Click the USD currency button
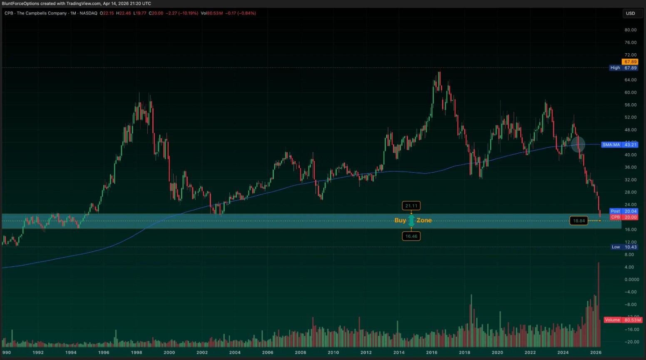click(630, 13)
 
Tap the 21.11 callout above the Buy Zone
click(411, 206)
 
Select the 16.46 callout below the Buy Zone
click(411, 236)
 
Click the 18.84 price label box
click(579, 221)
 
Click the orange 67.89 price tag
click(630, 62)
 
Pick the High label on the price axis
click(615, 68)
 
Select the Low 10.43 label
click(624, 247)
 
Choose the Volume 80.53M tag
click(623, 320)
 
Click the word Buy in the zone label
click(400, 220)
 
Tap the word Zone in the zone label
click(424, 220)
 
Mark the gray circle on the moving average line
click(578, 144)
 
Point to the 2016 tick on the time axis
click(432, 353)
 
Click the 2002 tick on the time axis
click(202, 353)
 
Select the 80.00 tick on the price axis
click(630, 30)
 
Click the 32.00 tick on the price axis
click(630, 180)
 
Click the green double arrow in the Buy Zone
click(411, 221)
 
